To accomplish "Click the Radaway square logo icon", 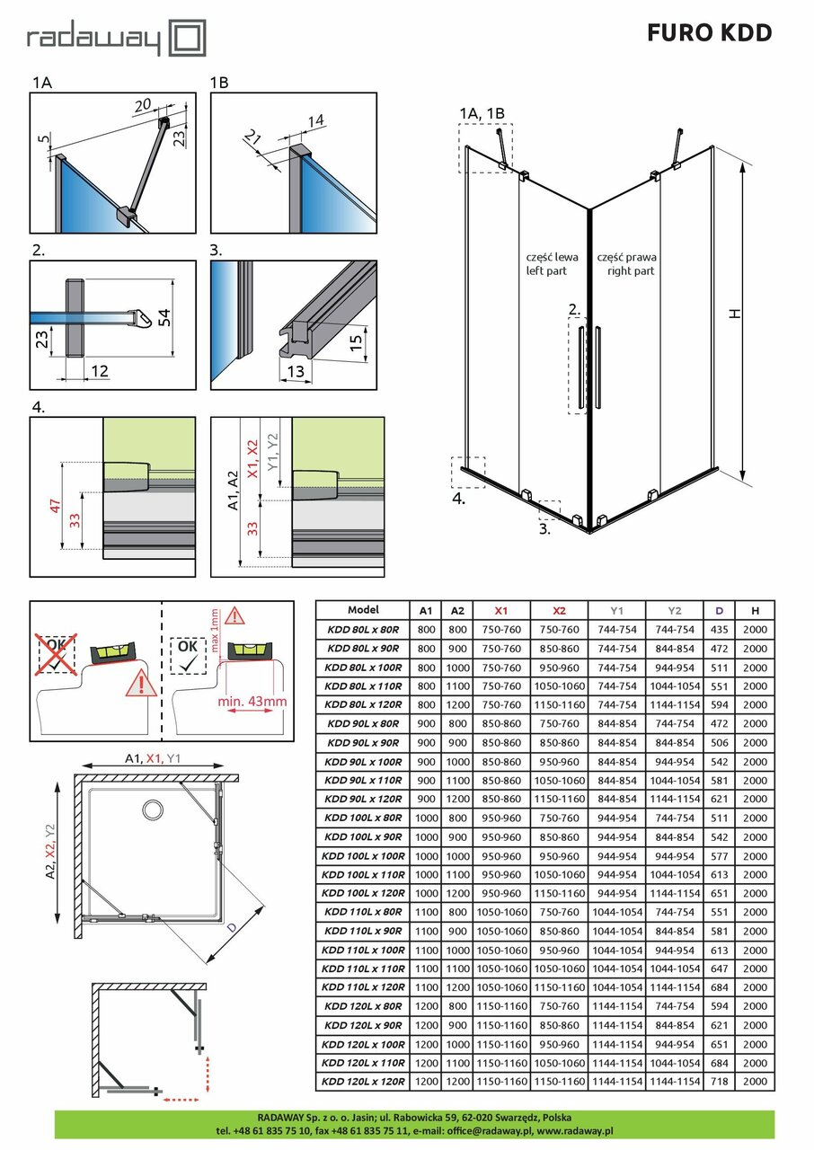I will coord(188,39).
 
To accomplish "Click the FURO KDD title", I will coord(709,33).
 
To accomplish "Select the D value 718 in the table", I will coord(719,1082).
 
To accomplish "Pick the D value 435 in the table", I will coord(719,629).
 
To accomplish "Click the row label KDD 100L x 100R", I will coord(364,856).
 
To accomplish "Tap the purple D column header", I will coord(719,610).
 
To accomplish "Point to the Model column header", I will coord(363,610).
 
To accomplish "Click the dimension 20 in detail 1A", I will coord(142,104).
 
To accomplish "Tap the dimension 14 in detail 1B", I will coord(314,120).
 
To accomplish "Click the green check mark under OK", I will coord(187,666).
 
